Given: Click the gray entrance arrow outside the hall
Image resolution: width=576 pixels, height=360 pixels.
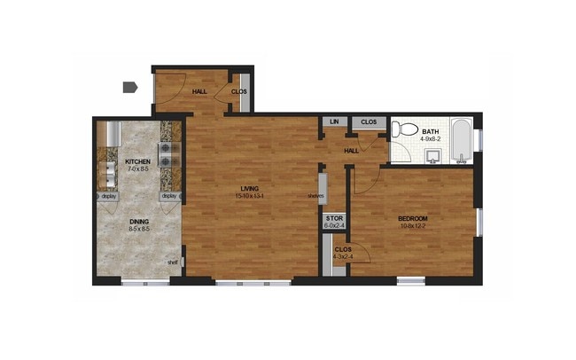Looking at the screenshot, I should pos(129,87).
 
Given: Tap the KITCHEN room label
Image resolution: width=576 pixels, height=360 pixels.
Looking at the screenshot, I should pos(137,161).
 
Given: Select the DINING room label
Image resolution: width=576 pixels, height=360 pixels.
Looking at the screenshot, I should pos(139,221).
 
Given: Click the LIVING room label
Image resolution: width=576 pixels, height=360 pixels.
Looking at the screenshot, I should pos(249,187).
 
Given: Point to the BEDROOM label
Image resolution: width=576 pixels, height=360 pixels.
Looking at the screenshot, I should pos(413,218).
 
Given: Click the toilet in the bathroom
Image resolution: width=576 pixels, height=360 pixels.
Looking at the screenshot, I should pos(405,130).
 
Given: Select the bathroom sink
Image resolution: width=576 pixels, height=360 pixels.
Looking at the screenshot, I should pos(433,157).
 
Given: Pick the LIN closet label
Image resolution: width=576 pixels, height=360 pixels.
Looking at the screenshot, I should pos(334,122).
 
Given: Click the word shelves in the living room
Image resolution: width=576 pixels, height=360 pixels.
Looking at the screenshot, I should pos(315,196).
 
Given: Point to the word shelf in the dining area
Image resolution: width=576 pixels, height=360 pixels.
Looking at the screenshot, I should pos(173,262).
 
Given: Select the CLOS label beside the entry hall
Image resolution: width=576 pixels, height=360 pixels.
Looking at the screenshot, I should pos(239,91).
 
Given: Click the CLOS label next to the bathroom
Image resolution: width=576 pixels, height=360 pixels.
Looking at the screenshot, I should pos(368,122).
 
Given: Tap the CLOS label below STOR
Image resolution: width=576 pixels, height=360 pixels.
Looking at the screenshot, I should pos(341,250).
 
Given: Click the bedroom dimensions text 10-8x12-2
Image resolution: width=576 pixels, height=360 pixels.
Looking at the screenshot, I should pos(413,226).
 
